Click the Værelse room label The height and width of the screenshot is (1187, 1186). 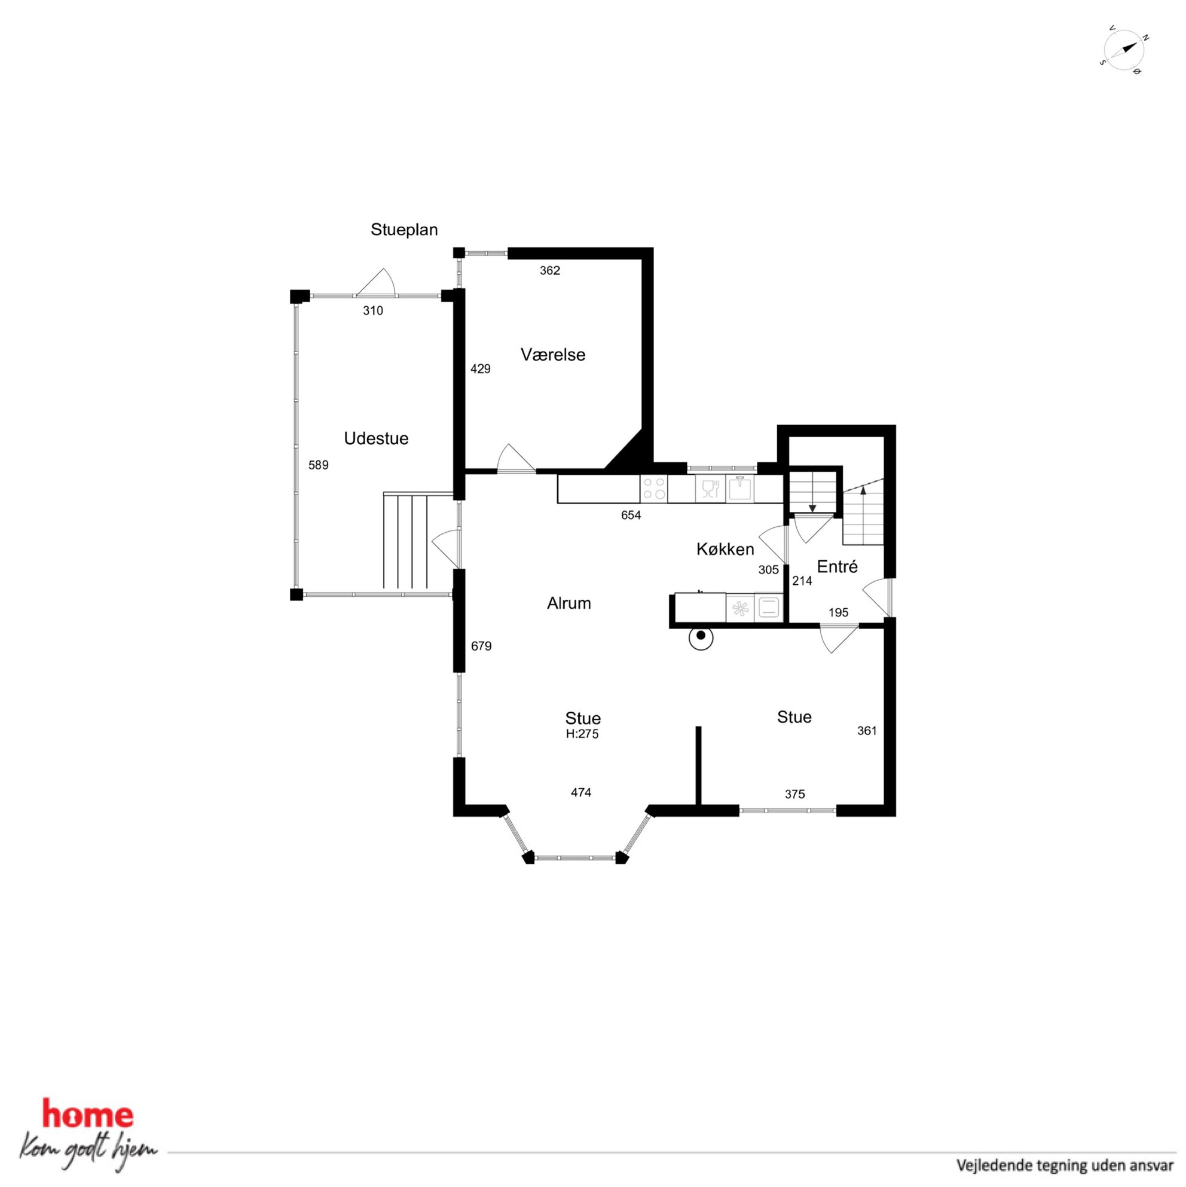553,355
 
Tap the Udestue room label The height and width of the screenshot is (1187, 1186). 376,438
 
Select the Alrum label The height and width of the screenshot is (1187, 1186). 568,603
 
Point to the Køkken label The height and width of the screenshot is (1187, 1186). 725,548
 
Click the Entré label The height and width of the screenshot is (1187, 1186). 837,566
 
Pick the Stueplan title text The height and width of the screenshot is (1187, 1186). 404,230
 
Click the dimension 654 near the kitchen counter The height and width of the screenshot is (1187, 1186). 631,515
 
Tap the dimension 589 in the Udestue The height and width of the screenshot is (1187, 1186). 318,465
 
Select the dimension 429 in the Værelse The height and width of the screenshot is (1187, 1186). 480,368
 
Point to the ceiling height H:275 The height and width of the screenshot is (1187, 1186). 582,734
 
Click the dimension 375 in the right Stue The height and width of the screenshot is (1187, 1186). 795,794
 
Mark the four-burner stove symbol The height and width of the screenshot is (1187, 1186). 653,489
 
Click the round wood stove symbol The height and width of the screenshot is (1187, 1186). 701,639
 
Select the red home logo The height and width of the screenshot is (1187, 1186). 87,1115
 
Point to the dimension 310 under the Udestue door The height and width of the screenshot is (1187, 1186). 373,311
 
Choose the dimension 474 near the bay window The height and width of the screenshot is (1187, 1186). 581,792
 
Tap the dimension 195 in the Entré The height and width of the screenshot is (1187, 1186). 838,612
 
